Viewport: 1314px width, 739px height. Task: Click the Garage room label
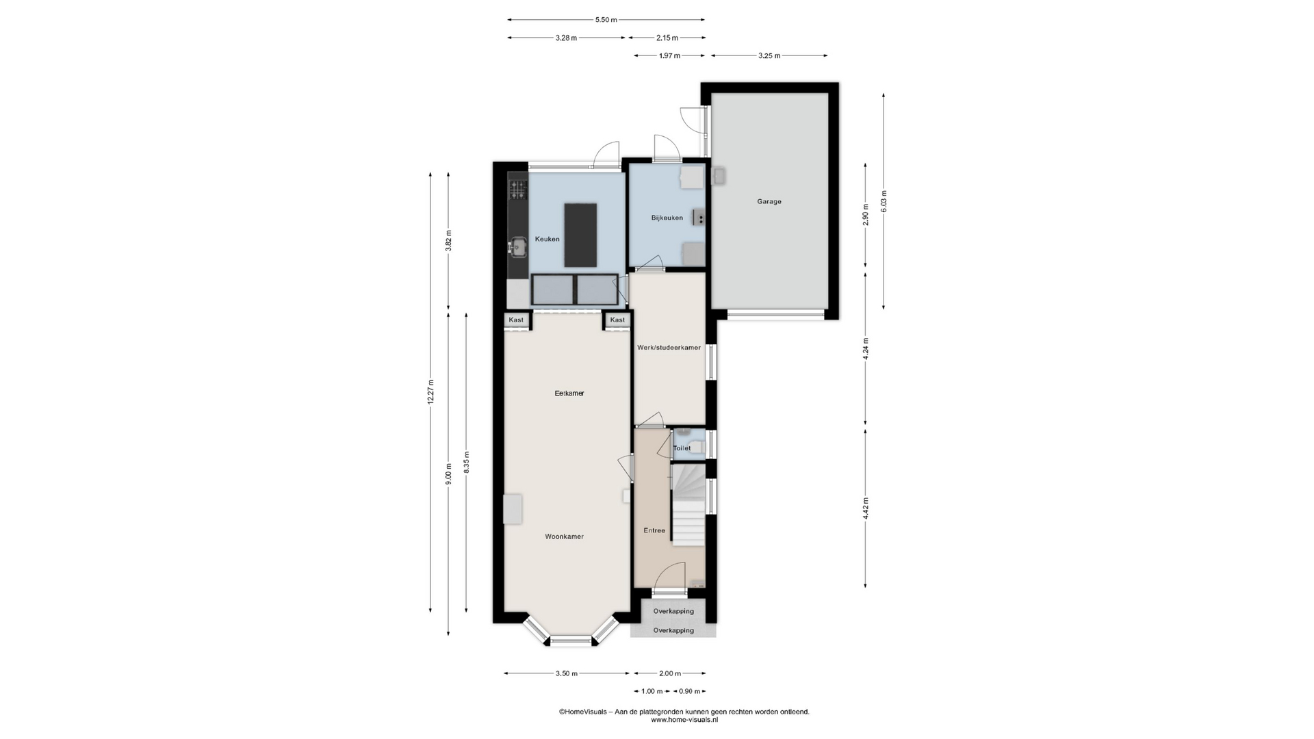pyautogui.click(x=769, y=202)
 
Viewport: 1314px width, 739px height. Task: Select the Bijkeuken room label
pyautogui.click(x=667, y=218)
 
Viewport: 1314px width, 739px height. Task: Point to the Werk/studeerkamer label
pyautogui.click(x=669, y=348)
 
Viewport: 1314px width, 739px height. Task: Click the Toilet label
pyautogui.click(x=682, y=448)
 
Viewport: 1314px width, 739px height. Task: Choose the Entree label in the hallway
pyautogui.click(x=654, y=530)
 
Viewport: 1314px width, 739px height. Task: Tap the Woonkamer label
pyautogui.click(x=565, y=536)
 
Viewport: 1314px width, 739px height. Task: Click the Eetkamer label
pyautogui.click(x=569, y=393)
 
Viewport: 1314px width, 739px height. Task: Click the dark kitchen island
pyautogui.click(x=580, y=235)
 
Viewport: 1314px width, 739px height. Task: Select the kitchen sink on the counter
pyautogui.click(x=518, y=246)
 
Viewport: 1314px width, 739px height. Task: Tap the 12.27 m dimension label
pyautogui.click(x=430, y=392)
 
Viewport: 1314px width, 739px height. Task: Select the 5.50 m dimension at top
pyautogui.click(x=606, y=20)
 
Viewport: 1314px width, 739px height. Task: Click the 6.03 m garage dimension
pyautogui.click(x=884, y=200)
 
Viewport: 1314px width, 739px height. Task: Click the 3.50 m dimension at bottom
pyautogui.click(x=567, y=673)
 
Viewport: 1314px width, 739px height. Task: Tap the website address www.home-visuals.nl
pyautogui.click(x=684, y=720)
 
